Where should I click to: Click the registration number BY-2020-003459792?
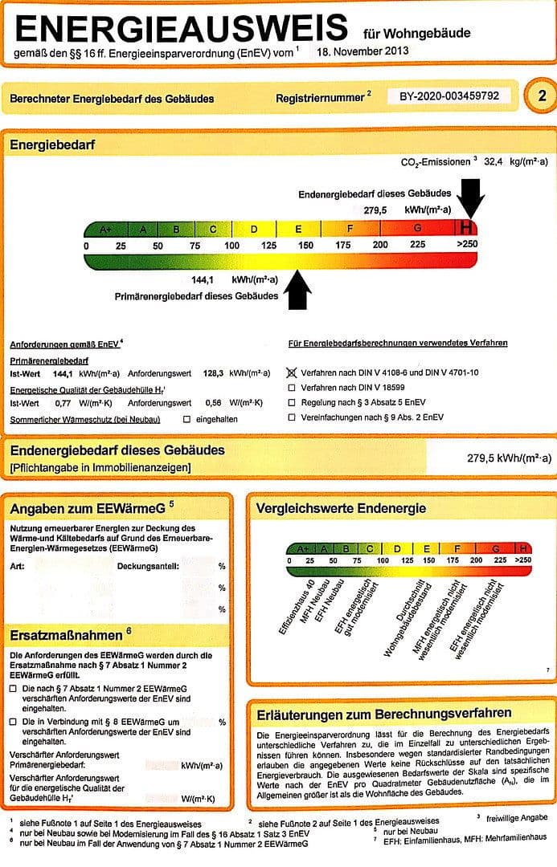click(x=449, y=96)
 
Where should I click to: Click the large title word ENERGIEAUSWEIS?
click(x=182, y=30)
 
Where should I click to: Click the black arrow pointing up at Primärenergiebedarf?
click(x=297, y=290)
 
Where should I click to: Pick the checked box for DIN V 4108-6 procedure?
click(x=292, y=373)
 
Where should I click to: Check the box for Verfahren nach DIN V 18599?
click(x=292, y=388)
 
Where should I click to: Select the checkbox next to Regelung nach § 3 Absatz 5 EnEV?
click(x=292, y=402)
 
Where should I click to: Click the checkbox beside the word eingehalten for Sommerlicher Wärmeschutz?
click(x=187, y=420)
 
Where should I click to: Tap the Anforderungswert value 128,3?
click(x=213, y=373)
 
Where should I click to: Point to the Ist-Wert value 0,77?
click(x=63, y=402)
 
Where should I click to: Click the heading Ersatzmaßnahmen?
click(x=65, y=634)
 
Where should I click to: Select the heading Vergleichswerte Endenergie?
click(x=341, y=508)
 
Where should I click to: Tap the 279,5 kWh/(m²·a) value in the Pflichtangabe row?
click(x=509, y=458)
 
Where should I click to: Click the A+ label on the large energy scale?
click(x=106, y=230)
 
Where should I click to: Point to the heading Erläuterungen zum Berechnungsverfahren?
click(x=383, y=713)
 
